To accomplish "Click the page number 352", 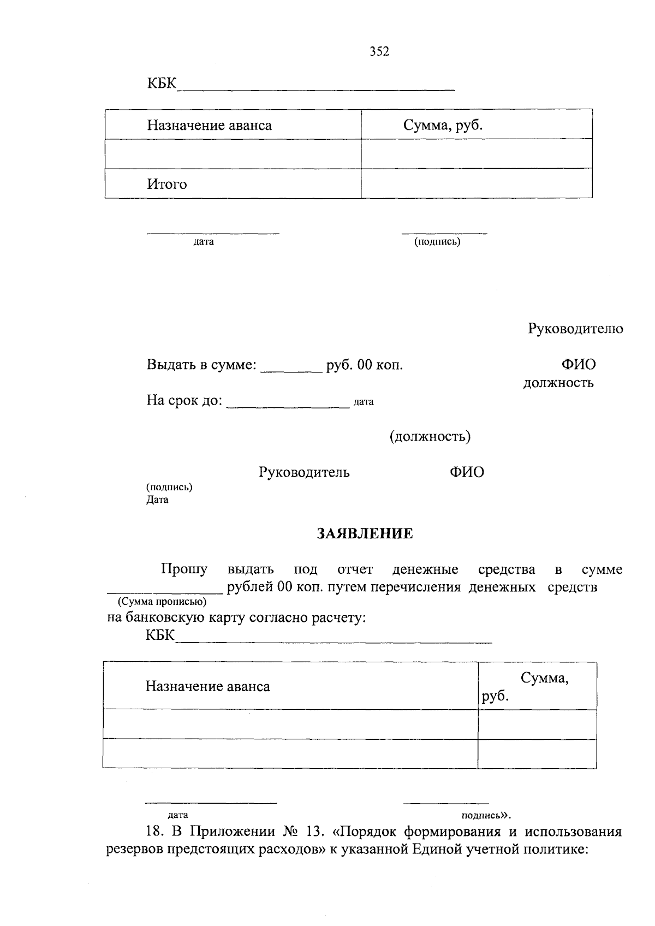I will (x=379, y=51).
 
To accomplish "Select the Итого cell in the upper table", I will (x=166, y=184).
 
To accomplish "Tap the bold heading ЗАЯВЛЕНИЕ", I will (x=365, y=533).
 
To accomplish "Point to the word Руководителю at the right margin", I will (x=575, y=329).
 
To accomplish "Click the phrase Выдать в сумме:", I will (x=201, y=365).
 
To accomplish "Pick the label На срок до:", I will (x=184, y=401).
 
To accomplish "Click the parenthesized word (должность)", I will (x=430, y=436).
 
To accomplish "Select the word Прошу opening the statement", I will (x=184, y=569).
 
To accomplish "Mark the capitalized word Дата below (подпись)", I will (x=157, y=500).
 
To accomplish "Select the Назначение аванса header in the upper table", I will (x=209, y=126).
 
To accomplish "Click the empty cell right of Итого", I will (x=476, y=184).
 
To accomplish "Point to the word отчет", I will (x=355, y=569).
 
